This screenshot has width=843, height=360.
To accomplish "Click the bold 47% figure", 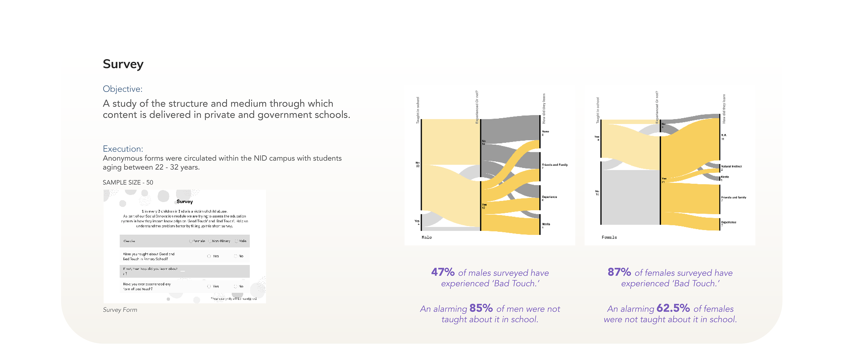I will point(443,272).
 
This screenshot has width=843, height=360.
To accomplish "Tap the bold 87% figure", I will point(619,272).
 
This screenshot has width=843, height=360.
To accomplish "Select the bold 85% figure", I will point(481,308).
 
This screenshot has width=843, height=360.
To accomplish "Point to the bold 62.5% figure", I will point(673,308).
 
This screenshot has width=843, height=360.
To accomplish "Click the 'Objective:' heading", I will point(122,89).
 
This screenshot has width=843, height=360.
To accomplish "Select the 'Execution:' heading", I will point(123,149).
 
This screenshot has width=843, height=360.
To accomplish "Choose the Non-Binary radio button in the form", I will point(210,241).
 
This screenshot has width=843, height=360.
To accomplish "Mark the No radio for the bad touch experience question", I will point(235,286).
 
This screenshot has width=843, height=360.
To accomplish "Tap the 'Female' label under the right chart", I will point(609,237).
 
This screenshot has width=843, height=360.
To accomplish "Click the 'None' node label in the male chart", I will point(546,131).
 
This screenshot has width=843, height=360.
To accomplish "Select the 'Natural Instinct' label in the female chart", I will point(731,166).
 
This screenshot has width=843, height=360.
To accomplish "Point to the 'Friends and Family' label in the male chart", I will point(555,165).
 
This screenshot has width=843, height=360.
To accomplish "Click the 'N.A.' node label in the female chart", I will point(724,135).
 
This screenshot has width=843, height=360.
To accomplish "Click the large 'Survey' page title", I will point(123,64).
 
